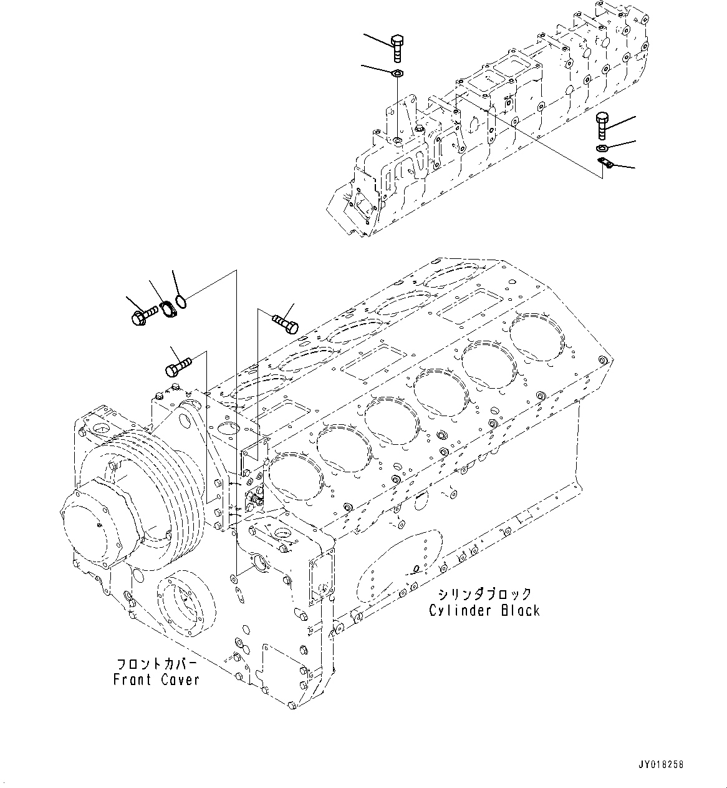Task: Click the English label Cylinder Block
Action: pyautogui.click(x=484, y=610)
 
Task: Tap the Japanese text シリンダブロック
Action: pyautogui.click(x=484, y=593)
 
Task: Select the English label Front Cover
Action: pyautogui.click(x=156, y=679)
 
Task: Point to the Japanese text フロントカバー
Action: pyautogui.click(x=156, y=663)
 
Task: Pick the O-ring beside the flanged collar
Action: pyautogui.click(x=181, y=303)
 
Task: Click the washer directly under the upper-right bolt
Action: pyautogui.click(x=602, y=148)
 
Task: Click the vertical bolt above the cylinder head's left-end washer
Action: pyautogui.click(x=397, y=48)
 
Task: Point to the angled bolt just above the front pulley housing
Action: pyautogui.click(x=177, y=364)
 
